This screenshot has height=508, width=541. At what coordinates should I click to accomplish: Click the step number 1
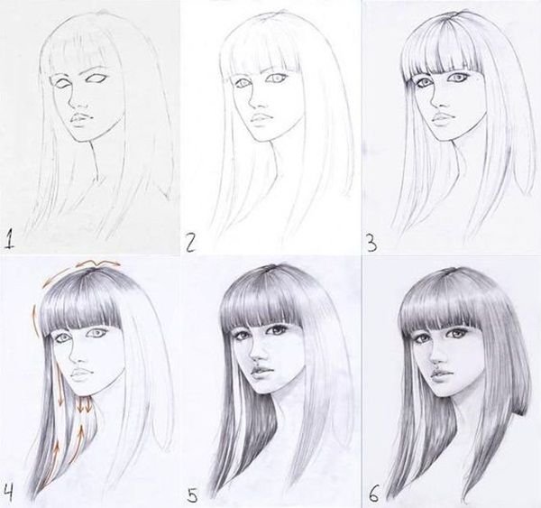[x=10, y=240]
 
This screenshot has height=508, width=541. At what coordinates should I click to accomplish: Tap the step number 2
[x=190, y=242]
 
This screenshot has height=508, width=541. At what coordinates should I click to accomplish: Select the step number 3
[x=371, y=243]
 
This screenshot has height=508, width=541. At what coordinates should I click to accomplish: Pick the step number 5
[x=193, y=494]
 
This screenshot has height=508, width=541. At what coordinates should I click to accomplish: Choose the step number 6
[x=373, y=494]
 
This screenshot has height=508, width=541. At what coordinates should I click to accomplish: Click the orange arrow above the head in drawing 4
[x=97, y=265]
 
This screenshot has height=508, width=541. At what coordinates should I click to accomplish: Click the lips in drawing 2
[x=261, y=119]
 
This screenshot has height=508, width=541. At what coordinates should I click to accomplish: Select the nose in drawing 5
[x=256, y=354]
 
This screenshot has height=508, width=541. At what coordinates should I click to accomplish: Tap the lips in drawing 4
[x=82, y=373]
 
